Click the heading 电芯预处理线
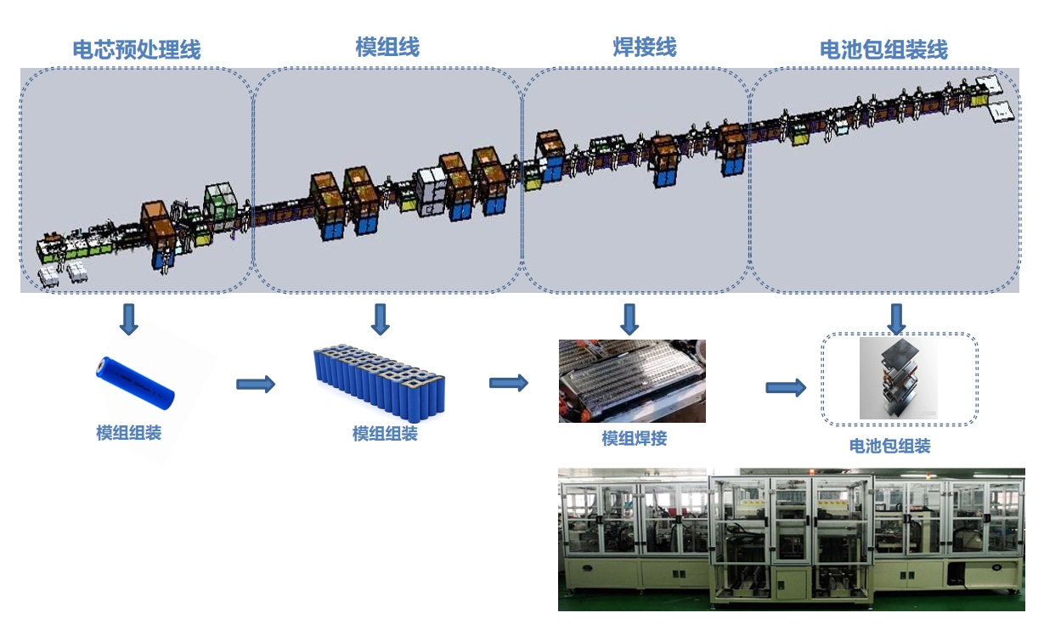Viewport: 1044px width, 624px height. click(137, 49)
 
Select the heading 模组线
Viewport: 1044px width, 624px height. click(387, 47)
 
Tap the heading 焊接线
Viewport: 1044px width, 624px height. click(645, 47)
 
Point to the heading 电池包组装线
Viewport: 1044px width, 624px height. click(883, 49)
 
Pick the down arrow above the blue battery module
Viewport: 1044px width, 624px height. click(381, 319)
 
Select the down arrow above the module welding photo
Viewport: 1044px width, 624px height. click(629, 319)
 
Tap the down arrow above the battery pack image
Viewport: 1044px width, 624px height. click(896, 318)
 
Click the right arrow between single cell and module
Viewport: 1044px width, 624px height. click(256, 385)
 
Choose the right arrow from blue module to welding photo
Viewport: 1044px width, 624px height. click(509, 383)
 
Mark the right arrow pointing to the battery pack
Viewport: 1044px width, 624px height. click(786, 388)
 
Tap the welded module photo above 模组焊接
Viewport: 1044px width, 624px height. click(632, 381)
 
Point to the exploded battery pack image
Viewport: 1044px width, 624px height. click(900, 379)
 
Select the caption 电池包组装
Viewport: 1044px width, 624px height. click(890, 446)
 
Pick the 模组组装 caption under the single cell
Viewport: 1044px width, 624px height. click(128, 433)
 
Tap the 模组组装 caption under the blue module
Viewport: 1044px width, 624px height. click(385, 434)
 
